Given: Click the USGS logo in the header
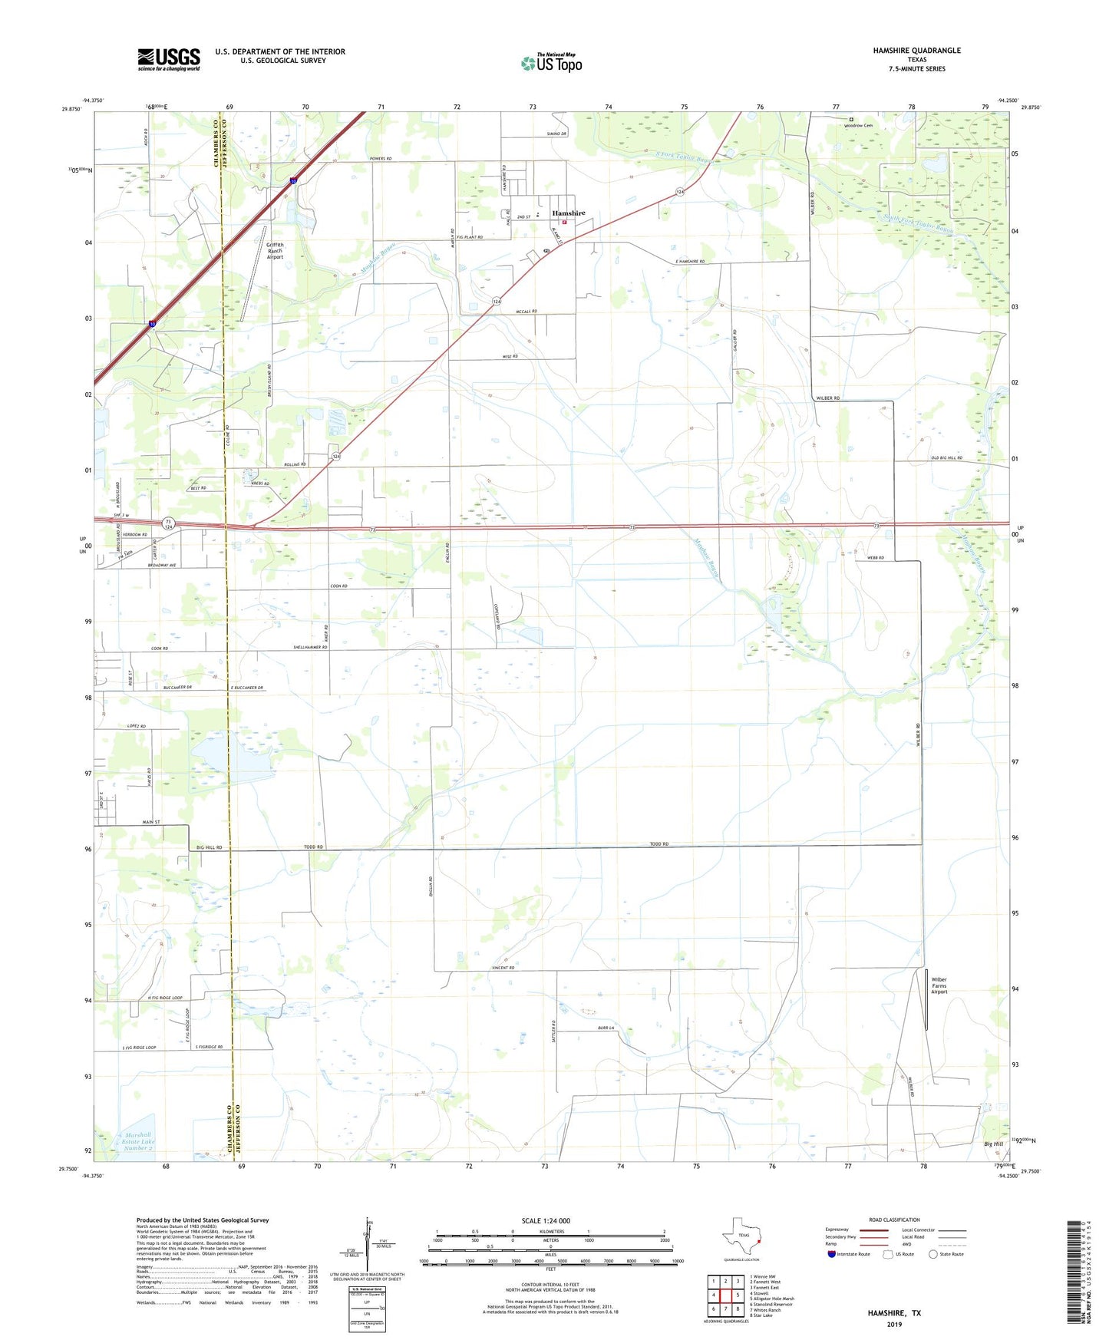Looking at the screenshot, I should point(169,59).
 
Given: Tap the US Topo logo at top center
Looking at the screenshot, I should point(551,63).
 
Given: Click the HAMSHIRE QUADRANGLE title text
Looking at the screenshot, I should point(916,51).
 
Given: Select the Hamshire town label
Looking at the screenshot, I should point(569,213).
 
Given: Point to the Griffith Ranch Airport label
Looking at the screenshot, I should point(275,251).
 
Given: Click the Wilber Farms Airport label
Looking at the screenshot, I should point(939,985).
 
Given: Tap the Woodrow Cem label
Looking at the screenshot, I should point(858,125).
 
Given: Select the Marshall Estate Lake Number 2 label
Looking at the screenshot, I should point(137,1141).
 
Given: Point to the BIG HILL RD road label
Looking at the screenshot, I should point(209,847).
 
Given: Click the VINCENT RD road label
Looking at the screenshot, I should point(503,968).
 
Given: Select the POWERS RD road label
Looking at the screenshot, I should point(380,159).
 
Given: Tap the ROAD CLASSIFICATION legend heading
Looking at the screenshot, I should point(894,1220).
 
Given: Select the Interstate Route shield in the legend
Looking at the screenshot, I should point(833,1254).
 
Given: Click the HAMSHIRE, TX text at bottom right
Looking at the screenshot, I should point(894,1313).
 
